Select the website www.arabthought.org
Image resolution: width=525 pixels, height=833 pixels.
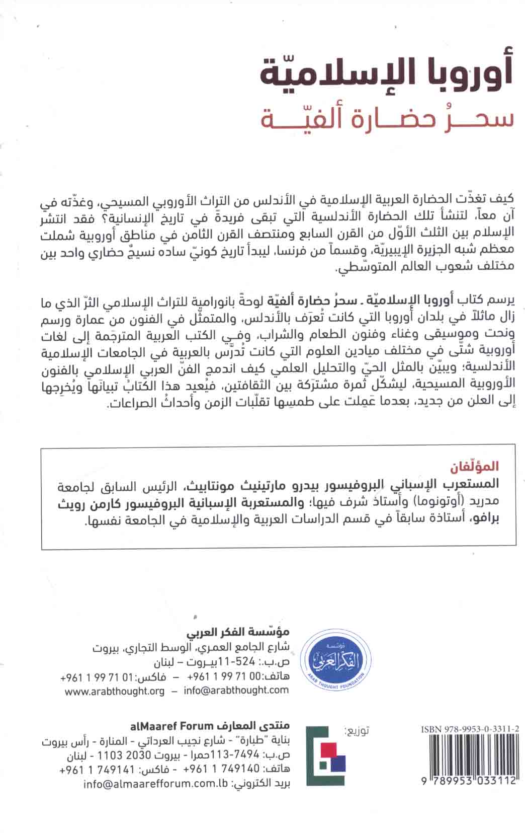coord(114,691)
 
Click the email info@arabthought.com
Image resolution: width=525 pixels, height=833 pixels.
coord(236,691)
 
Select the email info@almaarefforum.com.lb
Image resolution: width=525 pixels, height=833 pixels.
coord(156,784)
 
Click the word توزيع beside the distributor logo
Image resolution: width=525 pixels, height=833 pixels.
coord(358,731)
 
